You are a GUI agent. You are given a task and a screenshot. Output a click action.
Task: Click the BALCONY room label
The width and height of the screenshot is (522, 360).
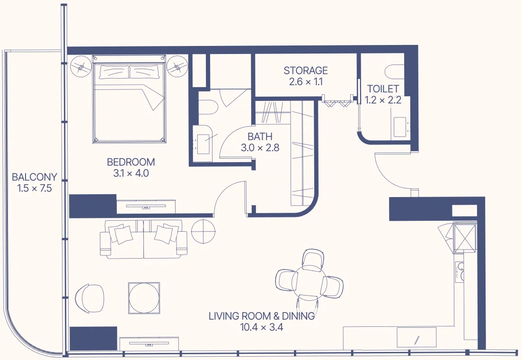(x=34, y=177)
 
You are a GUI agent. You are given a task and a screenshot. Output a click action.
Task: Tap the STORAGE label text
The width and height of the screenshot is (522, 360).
(x=305, y=71)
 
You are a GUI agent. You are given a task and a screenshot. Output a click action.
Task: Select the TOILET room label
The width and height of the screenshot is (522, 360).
(x=383, y=89)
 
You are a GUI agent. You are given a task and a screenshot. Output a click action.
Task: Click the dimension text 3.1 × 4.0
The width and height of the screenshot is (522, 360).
(x=131, y=173)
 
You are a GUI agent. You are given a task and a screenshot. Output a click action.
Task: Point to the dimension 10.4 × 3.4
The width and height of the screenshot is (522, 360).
(x=261, y=327)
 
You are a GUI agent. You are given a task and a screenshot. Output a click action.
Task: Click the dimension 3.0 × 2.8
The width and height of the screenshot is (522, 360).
(x=260, y=148)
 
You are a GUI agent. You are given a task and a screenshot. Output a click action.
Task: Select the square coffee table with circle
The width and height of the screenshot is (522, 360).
(x=144, y=297)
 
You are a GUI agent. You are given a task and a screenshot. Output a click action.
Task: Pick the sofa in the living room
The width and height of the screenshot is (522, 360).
(x=143, y=239)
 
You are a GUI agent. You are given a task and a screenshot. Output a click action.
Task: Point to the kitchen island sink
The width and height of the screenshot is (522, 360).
(x=416, y=339)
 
